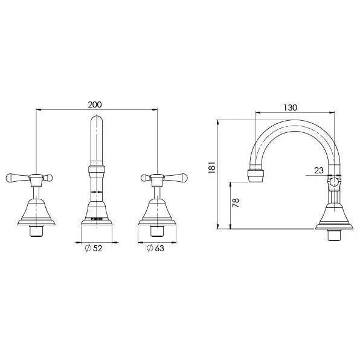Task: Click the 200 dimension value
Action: pos(95,104)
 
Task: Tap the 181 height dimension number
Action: pos(210,168)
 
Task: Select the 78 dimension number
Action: pos(236,202)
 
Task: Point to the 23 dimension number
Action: pos(318,170)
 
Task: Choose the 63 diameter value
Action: pos(159,248)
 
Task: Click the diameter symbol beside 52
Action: pos(88,248)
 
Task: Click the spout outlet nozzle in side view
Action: pos(256,176)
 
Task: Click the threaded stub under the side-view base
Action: pos(334,234)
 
